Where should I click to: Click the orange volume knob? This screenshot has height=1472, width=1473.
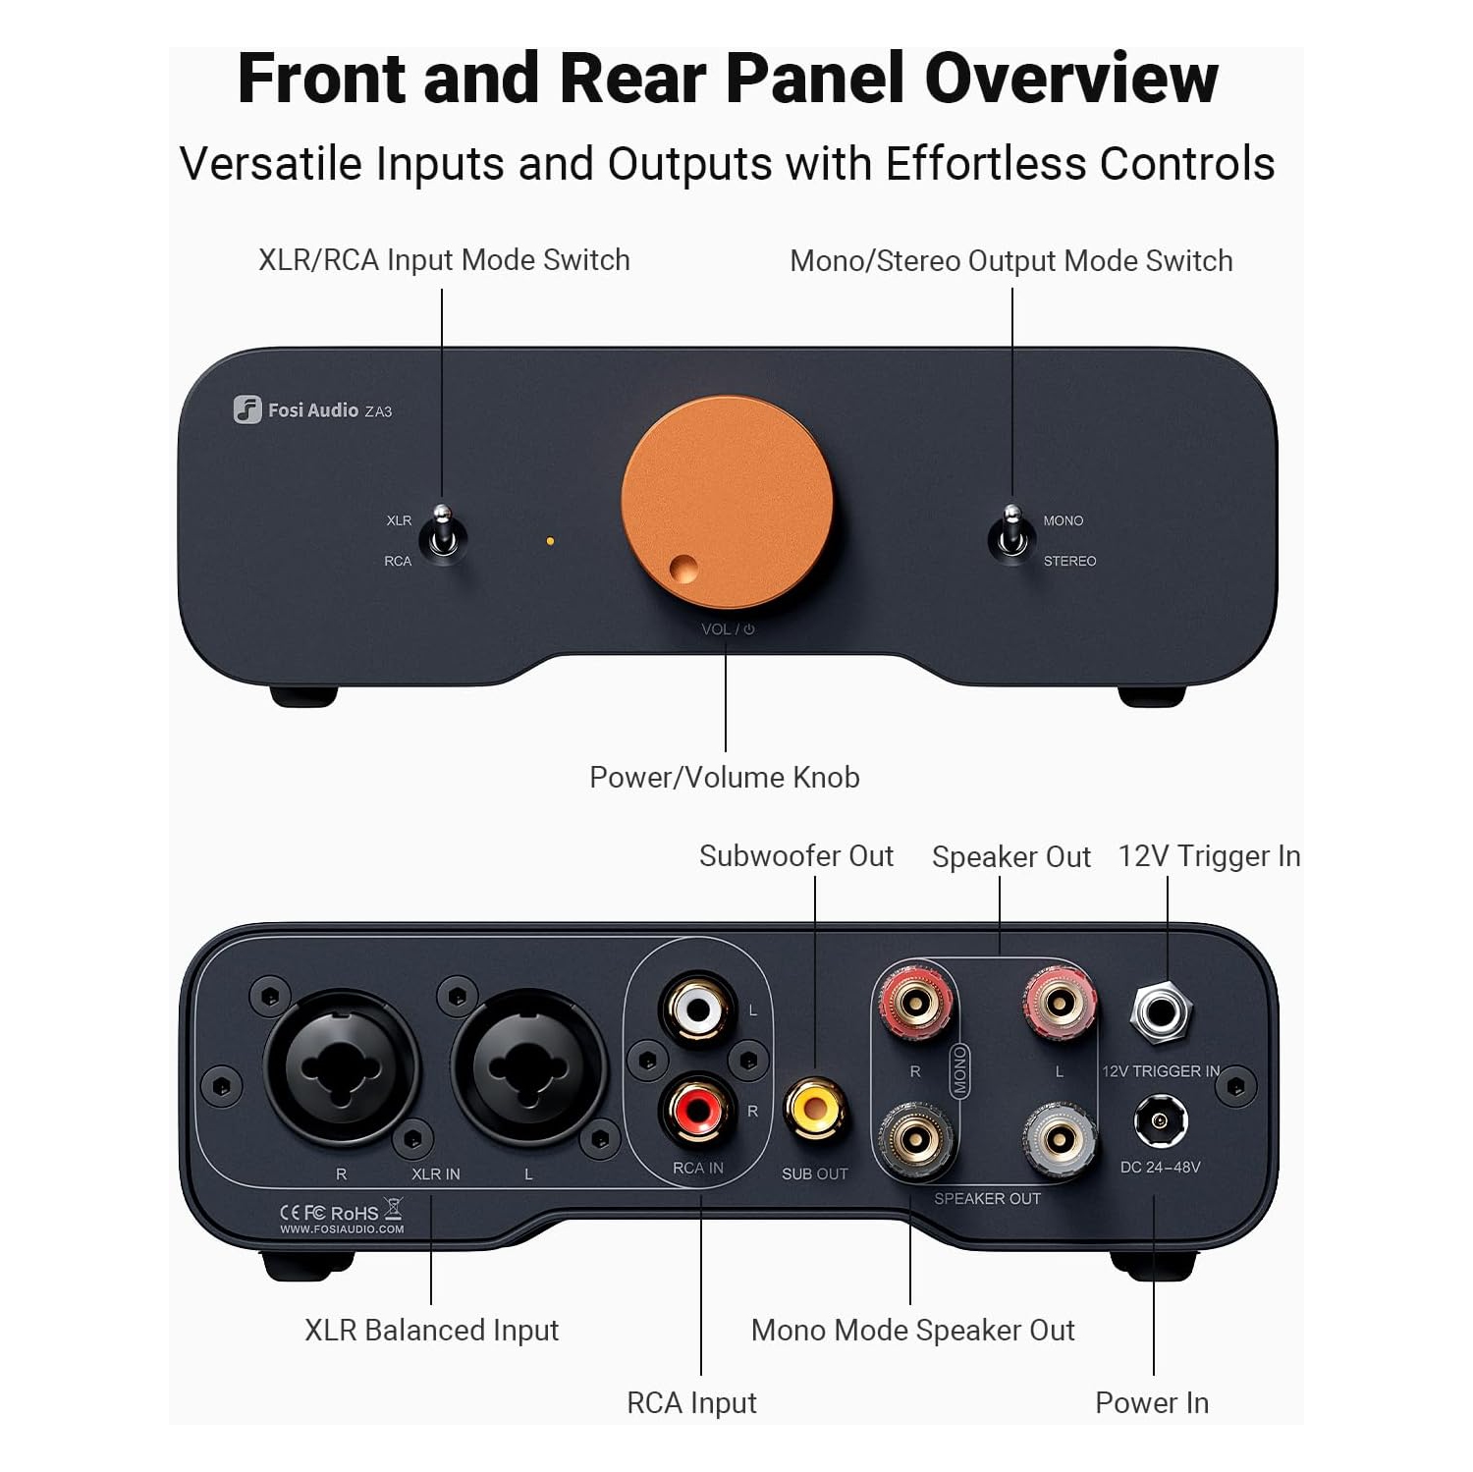click(x=727, y=502)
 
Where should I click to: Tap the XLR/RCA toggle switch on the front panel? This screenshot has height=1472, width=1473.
click(x=443, y=535)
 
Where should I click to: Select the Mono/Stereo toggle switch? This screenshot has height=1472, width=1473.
click(x=1011, y=535)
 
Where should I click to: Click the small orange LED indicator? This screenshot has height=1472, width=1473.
click(x=550, y=541)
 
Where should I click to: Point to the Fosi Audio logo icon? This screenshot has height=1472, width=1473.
click(x=246, y=409)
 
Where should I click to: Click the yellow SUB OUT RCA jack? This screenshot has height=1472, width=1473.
click(x=814, y=1110)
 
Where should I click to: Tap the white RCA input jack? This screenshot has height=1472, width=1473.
click(x=697, y=1009)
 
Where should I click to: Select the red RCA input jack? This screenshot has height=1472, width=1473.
click(x=697, y=1111)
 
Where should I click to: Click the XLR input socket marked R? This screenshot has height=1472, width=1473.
click(x=340, y=1068)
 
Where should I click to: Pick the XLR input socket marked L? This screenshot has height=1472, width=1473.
click(x=528, y=1068)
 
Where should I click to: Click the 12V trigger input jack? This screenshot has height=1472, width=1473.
click(x=1161, y=1011)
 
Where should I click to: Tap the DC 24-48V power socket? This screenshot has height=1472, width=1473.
click(x=1161, y=1121)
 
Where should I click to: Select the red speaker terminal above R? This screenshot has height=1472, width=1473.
click(x=915, y=1003)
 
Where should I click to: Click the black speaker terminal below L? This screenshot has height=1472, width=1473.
click(x=1059, y=1139)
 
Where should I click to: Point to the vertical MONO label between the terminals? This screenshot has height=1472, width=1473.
click(x=959, y=1070)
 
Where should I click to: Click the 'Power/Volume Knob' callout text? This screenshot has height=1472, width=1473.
click(x=724, y=777)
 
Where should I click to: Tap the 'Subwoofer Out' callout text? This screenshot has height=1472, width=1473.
click(x=795, y=856)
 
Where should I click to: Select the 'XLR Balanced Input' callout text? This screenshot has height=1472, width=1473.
click(x=431, y=1330)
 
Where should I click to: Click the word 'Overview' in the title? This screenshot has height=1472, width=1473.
click(x=1070, y=79)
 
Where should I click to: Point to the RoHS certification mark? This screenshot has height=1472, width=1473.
click(x=354, y=1213)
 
